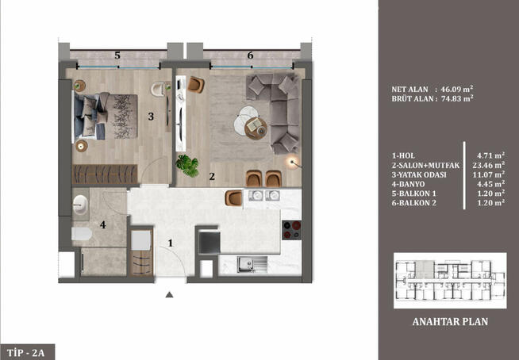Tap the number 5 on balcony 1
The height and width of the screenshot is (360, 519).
(x=117, y=56)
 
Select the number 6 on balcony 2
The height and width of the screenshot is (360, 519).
(x=250, y=56)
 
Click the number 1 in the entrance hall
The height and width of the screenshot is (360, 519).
(x=169, y=243)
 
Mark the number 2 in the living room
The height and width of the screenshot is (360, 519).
(x=212, y=177)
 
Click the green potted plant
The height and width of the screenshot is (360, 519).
(x=189, y=165)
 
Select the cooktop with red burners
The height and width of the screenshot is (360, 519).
(x=291, y=229)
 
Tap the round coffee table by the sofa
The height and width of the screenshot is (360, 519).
(x=245, y=124)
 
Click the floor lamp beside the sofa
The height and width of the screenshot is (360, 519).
(x=294, y=163)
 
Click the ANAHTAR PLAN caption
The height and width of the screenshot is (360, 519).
(x=450, y=322)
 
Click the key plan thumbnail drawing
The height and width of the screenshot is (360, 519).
(x=450, y=280)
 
